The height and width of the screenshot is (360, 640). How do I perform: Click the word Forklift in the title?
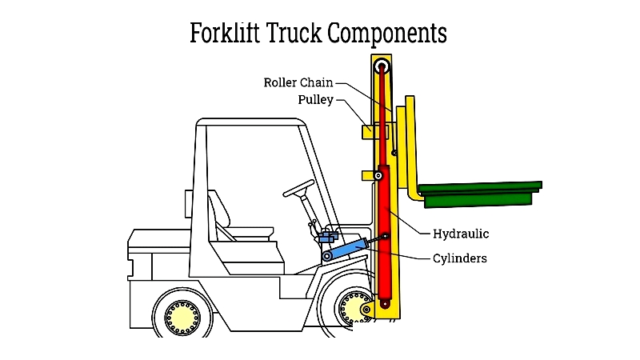225,33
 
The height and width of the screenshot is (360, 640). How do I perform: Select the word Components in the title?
388,34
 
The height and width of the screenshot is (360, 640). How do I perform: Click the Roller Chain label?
298,82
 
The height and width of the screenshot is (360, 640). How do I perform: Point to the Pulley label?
315,99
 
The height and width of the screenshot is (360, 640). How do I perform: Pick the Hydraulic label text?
461,234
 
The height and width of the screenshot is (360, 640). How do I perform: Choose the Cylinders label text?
460,258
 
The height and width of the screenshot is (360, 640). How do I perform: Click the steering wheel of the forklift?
298,188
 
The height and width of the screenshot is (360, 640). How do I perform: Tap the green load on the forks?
481,194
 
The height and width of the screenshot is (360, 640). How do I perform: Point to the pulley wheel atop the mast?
382,66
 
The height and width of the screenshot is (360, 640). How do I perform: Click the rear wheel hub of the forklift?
182,318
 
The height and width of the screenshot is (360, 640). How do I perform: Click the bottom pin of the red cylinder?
385,304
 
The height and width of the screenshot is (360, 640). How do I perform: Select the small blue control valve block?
329,236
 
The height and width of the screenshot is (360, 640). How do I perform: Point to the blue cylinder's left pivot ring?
327,256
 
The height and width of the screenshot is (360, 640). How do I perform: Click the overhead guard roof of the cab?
251,122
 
